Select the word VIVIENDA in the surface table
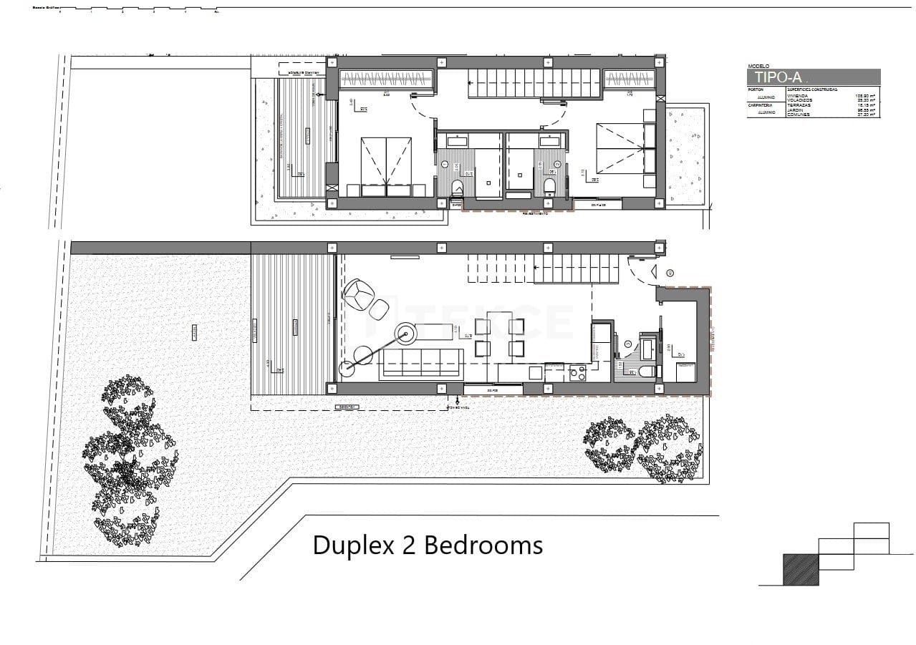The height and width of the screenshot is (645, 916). (x=797, y=95)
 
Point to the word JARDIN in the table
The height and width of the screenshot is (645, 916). (x=795, y=110)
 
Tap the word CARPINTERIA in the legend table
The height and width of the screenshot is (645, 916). (x=760, y=105)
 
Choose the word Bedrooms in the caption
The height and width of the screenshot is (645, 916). (x=483, y=545)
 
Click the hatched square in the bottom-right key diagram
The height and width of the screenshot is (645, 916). (x=801, y=570)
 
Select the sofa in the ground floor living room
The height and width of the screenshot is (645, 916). (x=421, y=362)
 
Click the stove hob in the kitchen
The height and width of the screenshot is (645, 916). (x=577, y=373)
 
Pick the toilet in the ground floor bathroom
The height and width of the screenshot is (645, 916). (x=646, y=371)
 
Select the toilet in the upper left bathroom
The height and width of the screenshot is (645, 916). (x=458, y=188)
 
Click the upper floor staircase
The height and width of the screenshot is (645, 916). (x=534, y=83)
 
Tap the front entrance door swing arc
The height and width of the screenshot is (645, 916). (x=640, y=269)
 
